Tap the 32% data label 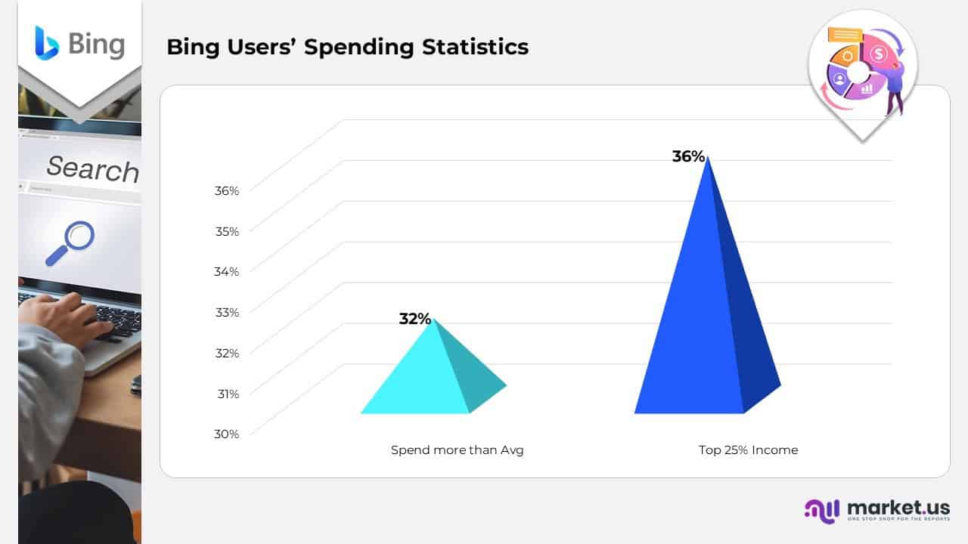tap(414, 319)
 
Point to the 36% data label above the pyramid tap(688, 156)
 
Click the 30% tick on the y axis tap(226, 434)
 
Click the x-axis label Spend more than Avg tap(457, 450)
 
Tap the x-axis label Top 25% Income tap(748, 450)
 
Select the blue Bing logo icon tap(46, 42)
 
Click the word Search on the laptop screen tap(92, 168)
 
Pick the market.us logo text tap(898, 507)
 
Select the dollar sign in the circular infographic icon tap(878, 54)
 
